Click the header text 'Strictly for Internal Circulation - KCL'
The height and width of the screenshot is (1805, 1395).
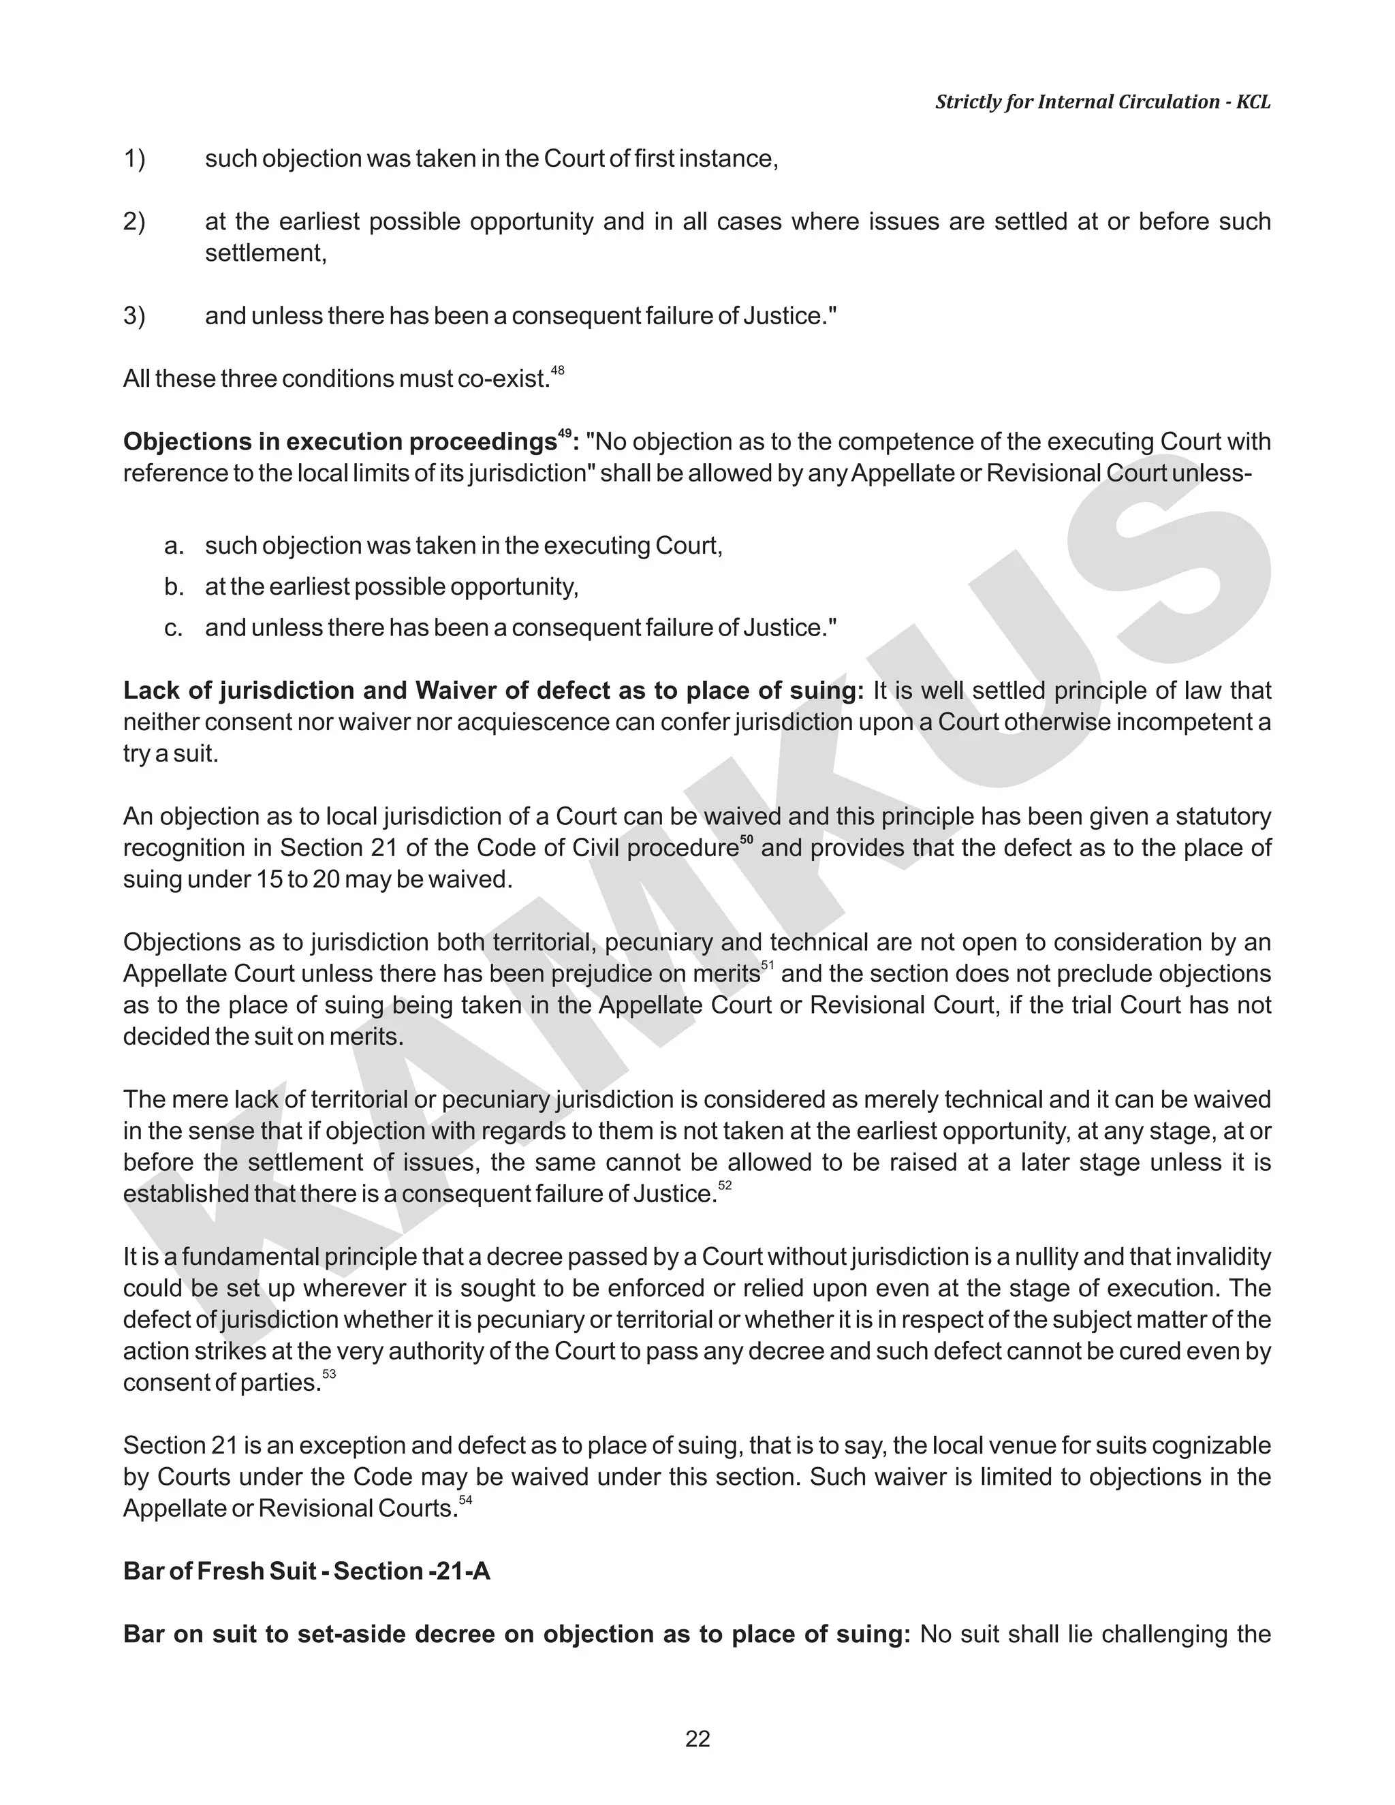[x=1103, y=102]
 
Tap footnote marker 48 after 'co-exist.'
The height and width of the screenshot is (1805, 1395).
[x=558, y=371]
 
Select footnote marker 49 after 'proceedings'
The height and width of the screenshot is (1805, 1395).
[x=565, y=433]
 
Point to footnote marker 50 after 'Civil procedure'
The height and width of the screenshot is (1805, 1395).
[x=747, y=841]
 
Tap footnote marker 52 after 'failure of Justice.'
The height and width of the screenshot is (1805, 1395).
[x=725, y=1186]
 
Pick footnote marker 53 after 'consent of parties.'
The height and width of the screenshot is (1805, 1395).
[x=329, y=1375]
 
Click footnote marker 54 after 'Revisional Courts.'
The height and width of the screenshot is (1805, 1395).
[x=465, y=1500]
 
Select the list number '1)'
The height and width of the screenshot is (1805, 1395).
[x=134, y=159]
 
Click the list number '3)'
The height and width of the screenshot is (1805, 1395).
[x=134, y=316]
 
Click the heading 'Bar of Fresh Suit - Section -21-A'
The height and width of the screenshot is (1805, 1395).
[x=307, y=1571]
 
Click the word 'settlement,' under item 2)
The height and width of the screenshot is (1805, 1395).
[x=266, y=253]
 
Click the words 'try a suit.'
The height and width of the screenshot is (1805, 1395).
[x=171, y=754]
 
